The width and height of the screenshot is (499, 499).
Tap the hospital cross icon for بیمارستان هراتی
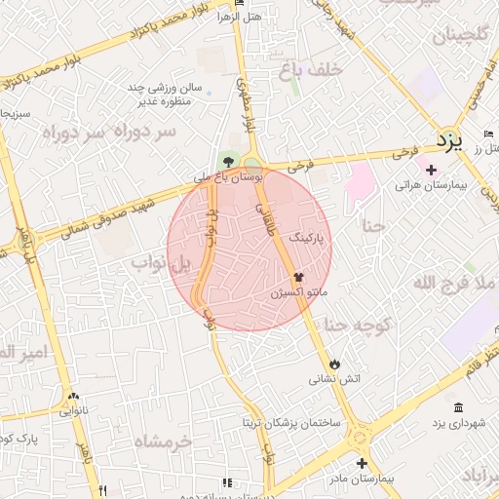tap(431, 170)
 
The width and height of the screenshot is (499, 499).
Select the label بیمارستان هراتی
tap(433, 184)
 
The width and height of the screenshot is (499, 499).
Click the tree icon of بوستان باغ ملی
tap(228, 161)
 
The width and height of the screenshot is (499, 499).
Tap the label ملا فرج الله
tap(455, 283)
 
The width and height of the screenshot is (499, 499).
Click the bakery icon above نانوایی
tap(73, 396)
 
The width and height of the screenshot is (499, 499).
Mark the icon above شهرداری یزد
tap(459, 406)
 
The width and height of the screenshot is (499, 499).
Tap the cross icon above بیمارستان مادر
tap(362, 464)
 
